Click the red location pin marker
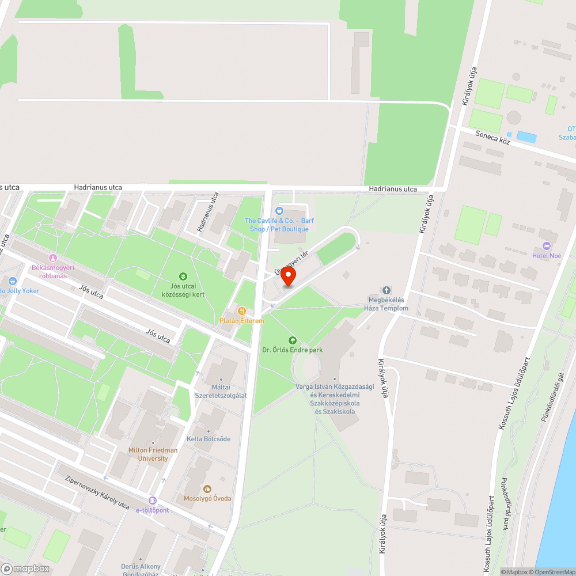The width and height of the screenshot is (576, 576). click(x=287, y=277)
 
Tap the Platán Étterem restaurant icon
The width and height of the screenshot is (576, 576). click(x=242, y=311)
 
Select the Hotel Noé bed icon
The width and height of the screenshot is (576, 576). click(x=547, y=246)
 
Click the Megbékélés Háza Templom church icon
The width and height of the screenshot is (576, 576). click(x=386, y=290)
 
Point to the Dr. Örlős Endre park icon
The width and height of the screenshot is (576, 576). click(x=292, y=340)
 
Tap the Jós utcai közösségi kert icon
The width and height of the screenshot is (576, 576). click(x=183, y=276)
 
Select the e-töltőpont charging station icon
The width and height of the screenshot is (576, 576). click(x=153, y=501)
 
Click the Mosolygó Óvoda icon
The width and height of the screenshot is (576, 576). click(x=207, y=489)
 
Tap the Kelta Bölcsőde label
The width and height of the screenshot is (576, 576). click(x=208, y=439)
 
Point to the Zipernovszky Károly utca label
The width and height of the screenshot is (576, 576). click(x=97, y=491)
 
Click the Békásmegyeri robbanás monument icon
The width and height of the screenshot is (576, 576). click(x=53, y=259)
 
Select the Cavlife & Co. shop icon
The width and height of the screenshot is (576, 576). click(x=280, y=211)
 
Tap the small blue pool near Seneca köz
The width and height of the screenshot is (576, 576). click(x=526, y=137)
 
